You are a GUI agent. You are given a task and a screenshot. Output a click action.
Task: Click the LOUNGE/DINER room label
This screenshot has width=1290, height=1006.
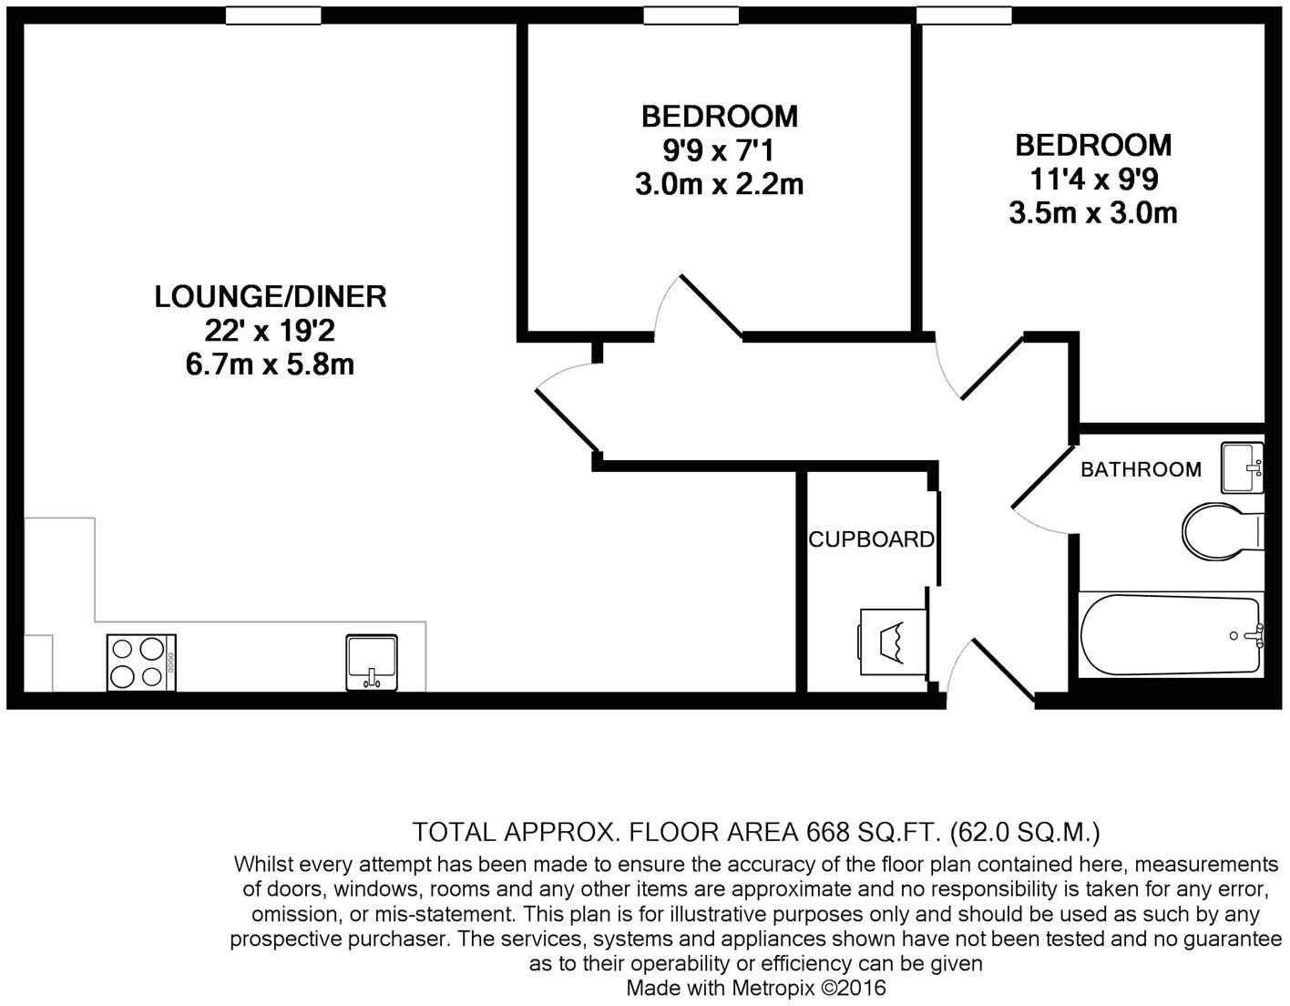(x=271, y=296)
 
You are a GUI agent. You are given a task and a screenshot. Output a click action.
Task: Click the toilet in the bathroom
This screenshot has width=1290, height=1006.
(x=1221, y=528)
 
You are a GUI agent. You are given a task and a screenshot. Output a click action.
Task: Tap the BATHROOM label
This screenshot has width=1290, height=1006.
(x=1141, y=469)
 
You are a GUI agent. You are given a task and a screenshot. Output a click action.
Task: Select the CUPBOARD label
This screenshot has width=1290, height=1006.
(x=871, y=539)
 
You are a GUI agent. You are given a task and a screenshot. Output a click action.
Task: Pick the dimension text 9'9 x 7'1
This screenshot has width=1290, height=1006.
(x=719, y=150)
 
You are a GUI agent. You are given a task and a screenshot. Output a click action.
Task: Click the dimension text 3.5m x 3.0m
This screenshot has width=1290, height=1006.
(x=1092, y=213)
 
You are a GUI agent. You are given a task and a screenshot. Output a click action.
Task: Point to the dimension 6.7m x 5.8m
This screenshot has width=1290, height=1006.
(x=270, y=364)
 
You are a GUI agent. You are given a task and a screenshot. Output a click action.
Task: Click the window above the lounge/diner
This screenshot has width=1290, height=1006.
(x=273, y=15)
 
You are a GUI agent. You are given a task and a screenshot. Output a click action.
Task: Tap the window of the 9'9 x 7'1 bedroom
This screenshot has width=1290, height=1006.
(x=691, y=15)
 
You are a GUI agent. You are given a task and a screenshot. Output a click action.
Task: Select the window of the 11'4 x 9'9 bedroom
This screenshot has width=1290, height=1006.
(x=964, y=15)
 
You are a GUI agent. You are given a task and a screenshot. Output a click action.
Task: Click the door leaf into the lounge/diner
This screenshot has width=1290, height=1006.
(x=568, y=420)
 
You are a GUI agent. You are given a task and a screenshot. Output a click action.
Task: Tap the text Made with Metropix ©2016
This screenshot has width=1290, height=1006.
(x=755, y=988)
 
